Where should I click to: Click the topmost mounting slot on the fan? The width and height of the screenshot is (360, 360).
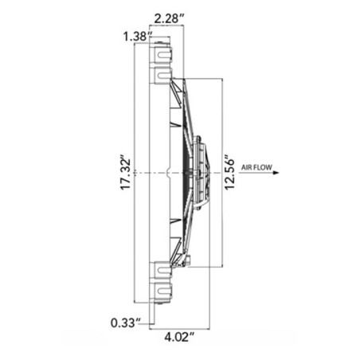point(162,55)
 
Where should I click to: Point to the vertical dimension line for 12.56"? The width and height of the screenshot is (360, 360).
point(222,119)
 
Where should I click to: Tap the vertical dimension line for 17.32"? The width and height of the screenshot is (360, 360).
point(136,119)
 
